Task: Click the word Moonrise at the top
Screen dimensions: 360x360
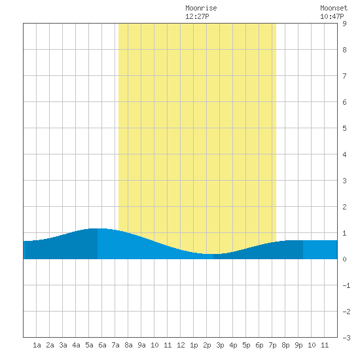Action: pyautogui.click(x=201, y=8)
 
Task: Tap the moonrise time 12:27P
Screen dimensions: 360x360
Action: pyautogui.click(x=197, y=16)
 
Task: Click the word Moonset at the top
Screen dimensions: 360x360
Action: pyautogui.click(x=334, y=8)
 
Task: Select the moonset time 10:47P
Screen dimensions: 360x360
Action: pyautogui.click(x=332, y=16)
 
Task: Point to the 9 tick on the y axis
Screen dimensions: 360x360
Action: pyautogui.click(x=344, y=24)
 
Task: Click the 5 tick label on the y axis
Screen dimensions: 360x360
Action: pyautogui.click(x=344, y=128)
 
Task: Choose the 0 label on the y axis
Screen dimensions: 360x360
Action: pyautogui.click(x=344, y=259)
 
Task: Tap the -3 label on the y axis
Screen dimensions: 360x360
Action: pyautogui.click(x=346, y=338)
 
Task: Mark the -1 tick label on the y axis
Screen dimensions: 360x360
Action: pyautogui.click(x=346, y=285)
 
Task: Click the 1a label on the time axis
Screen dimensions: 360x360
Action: pyautogui.click(x=37, y=345)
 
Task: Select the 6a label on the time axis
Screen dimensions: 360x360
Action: pyautogui.click(x=102, y=345)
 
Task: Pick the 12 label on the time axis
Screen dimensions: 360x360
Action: pyautogui.click(x=181, y=345)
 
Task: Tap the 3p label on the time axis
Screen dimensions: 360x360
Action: pyautogui.click(x=220, y=345)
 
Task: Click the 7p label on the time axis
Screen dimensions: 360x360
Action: pyautogui.click(x=272, y=345)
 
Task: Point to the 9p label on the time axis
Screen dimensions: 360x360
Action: pyautogui.click(x=298, y=345)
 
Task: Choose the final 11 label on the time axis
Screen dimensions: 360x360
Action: pyautogui.click(x=325, y=345)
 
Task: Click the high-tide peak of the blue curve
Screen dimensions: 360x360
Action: pyautogui.click(x=98, y=228)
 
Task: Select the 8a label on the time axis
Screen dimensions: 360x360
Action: pyautogui.click(x=128, y=345)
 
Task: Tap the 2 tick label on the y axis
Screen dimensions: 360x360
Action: pyautogui.click(x=344, y=207)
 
